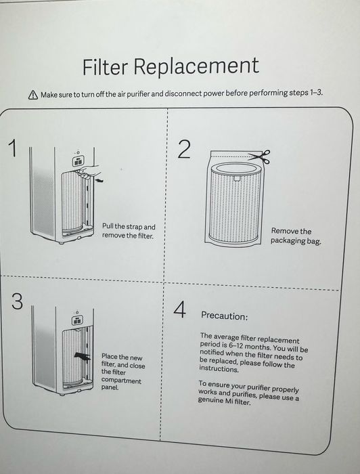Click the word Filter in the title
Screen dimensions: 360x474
coord(105,66)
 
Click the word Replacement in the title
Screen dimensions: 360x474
coord(196,66)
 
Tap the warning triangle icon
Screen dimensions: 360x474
coord(33,95)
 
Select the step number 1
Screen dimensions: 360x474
coord(12,148)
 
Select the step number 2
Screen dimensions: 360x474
coord(184,149)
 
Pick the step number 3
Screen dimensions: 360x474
coord(17,301)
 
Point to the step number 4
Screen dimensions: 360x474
coord(179,309)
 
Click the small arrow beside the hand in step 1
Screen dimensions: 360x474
coord(99,180)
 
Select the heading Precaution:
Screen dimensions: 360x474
coord(225,316)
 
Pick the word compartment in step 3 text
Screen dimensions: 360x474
coord(121,380)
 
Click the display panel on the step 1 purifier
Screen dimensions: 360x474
coord(78,161)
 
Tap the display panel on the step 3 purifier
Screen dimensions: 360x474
coord(77,320)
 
